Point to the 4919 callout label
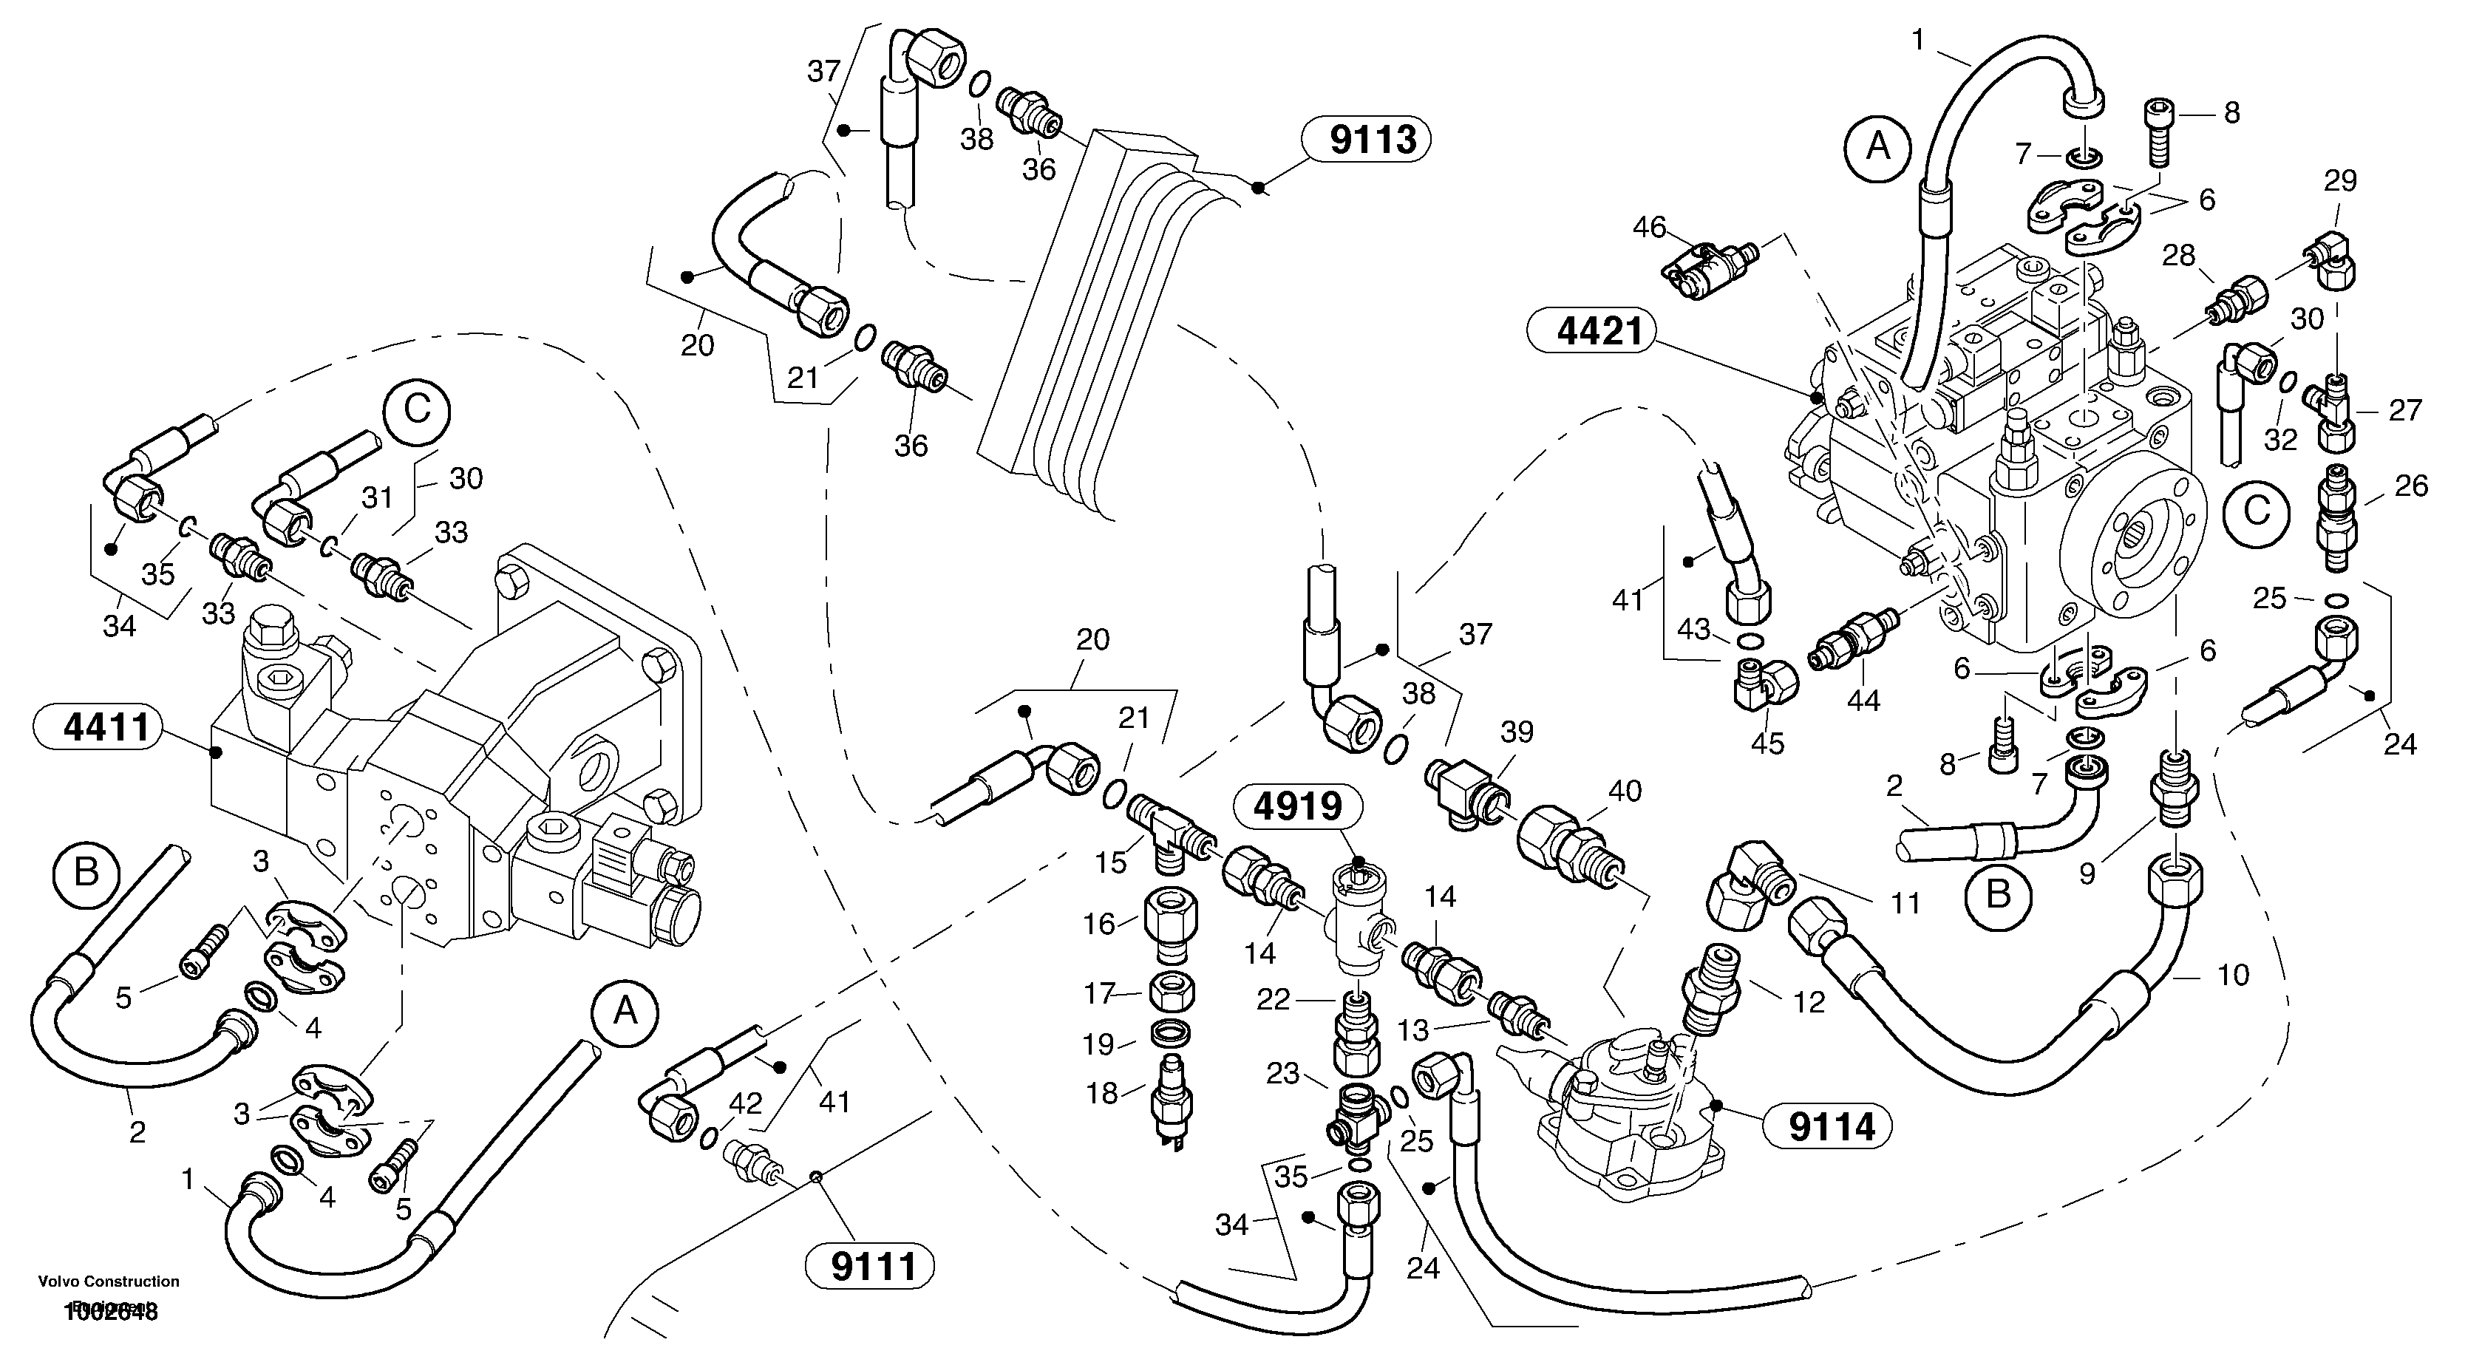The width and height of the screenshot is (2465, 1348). click(1298, 806)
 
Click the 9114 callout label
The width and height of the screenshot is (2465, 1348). click(1832, 1127)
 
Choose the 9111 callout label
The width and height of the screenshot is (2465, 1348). click(874, 1267)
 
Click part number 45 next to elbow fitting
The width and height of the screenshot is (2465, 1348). click(1767, 743)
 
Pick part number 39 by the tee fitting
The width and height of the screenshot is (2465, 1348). click(1517, 732)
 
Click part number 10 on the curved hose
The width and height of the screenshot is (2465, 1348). click(2232, 975)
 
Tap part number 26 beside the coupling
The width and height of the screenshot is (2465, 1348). click(2410, 486)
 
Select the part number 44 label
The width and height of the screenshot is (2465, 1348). click(1863, 701)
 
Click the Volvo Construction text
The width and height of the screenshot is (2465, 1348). click(108, 1281)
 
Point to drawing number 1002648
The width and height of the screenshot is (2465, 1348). click(110, 1312)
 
